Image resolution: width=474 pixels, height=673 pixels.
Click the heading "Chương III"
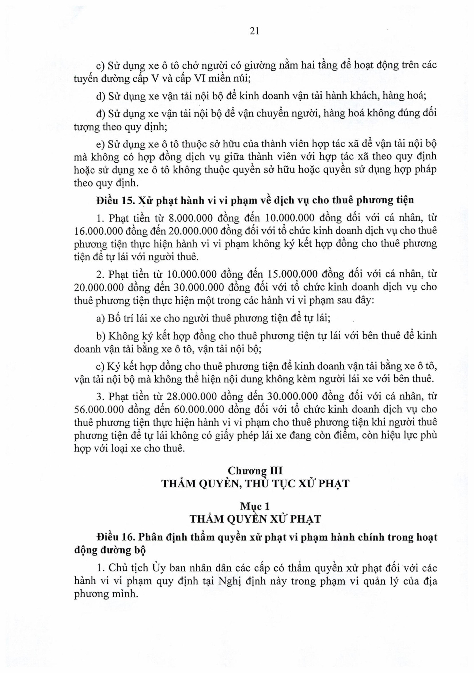point(255,471)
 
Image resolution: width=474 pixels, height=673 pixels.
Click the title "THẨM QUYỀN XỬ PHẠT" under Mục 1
point(255,519)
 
